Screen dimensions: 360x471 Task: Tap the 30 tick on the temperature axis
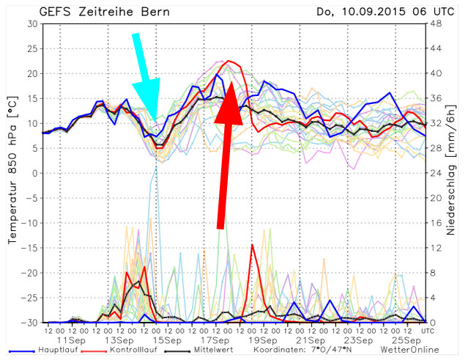32,23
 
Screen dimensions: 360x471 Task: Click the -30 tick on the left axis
29,322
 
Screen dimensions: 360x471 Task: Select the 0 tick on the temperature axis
35,173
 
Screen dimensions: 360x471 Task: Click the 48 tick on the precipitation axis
435,23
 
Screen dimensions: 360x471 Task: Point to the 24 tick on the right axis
435,173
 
